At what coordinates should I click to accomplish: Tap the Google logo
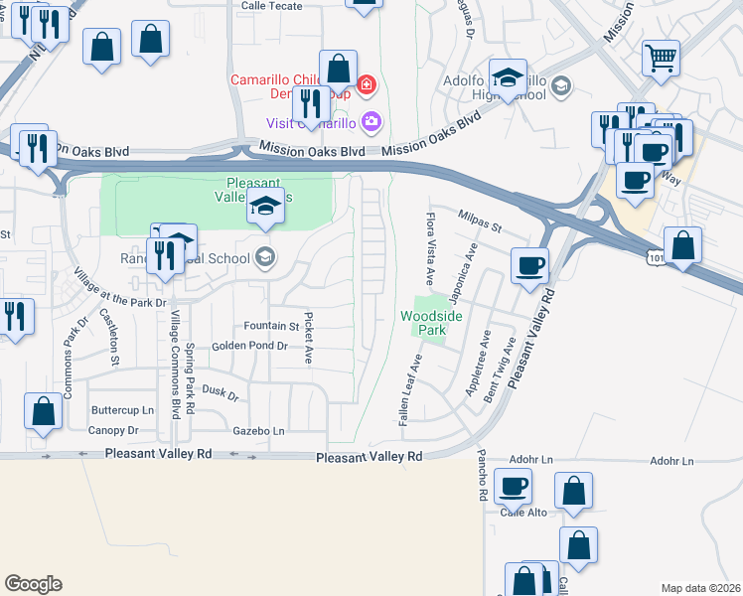[33, 584]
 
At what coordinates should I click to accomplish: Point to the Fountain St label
[271, 326]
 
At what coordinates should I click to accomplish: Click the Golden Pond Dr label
[248, 346]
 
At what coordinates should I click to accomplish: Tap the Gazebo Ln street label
[258, 431]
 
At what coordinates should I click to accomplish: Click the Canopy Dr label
[113, 430]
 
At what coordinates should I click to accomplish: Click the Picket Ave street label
[309, 338]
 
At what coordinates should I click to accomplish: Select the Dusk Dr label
[221, 393]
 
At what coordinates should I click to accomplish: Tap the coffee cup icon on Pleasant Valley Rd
[528, 265]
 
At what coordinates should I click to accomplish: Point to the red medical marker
[367, 84]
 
